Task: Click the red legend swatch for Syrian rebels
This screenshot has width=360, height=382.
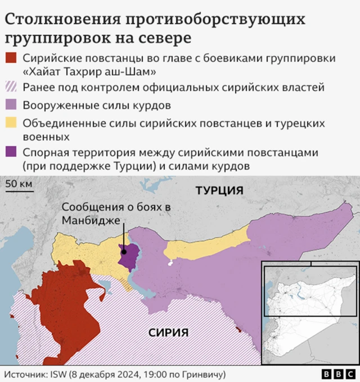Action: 11,58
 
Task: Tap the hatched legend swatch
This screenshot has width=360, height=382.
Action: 11,87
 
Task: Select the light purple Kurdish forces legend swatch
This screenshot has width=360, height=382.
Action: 11,105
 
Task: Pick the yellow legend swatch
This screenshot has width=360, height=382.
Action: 11,123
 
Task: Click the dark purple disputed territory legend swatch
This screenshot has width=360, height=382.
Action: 11,153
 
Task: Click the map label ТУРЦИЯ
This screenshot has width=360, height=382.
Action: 219,190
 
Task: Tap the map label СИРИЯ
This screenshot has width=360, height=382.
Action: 168,333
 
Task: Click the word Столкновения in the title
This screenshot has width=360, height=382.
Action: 61,20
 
